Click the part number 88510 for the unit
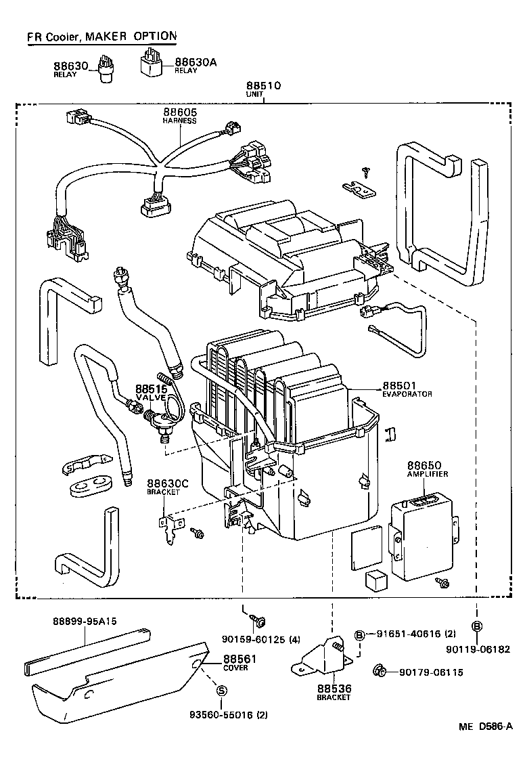click(x=262, y=86)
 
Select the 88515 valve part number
click(x=151, y=389)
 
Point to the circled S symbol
click(x=221, y=690)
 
